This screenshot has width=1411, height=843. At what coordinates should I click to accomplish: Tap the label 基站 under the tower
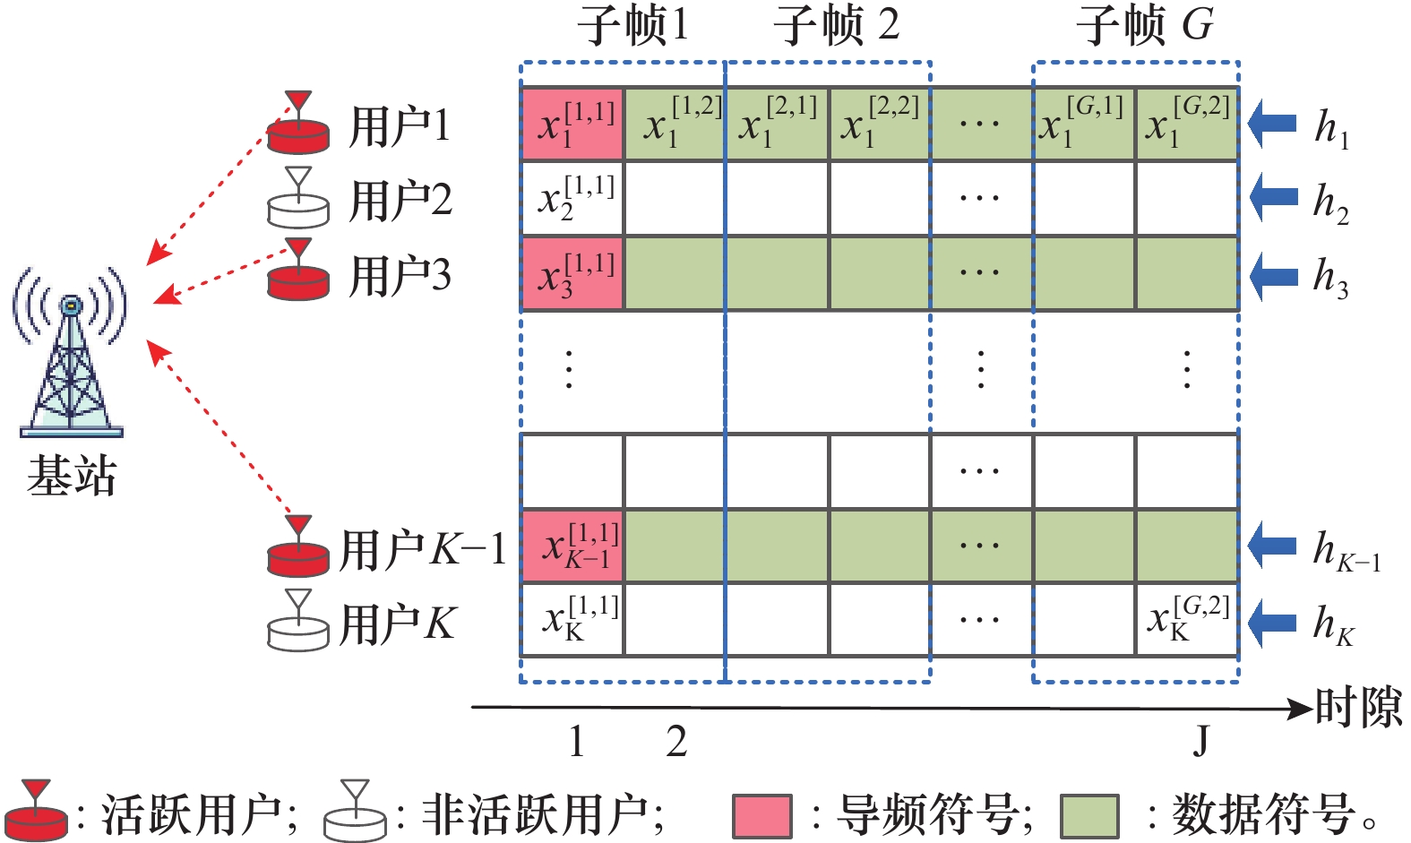point(72,476)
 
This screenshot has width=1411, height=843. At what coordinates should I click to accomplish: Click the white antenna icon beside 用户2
point(298,198)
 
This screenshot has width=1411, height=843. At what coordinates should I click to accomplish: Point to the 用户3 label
point(400,275)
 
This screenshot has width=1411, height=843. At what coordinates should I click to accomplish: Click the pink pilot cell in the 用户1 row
point(572,125)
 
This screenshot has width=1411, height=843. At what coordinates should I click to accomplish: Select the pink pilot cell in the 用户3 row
point(572,274)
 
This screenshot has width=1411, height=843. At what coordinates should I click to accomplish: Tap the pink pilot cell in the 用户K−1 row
point(572,546)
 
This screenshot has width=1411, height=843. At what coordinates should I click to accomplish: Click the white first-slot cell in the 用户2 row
point(572,199)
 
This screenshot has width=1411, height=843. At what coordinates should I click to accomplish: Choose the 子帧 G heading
point(1144,25)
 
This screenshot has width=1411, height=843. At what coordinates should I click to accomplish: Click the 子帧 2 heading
point(835,25)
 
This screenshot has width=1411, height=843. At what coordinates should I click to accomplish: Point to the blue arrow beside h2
point(1273,198)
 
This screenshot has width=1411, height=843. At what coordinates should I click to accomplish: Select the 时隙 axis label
point(1358,709)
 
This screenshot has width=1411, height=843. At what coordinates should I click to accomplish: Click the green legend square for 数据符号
point(1088,816)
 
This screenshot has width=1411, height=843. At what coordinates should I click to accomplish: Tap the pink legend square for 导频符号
point(761,816)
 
